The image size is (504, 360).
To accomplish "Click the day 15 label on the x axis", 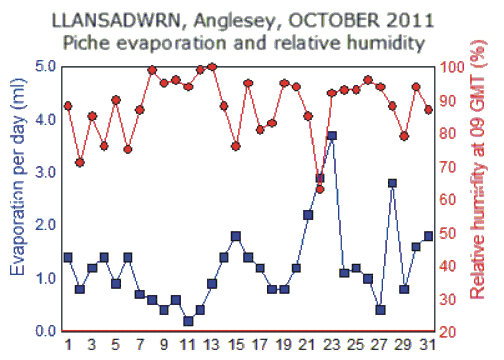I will (x=236, y=345).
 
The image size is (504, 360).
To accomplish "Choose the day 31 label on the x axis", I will (x=428, y=345).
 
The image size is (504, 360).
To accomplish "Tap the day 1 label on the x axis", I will (x=68, y=345).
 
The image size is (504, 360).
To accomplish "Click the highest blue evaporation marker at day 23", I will (x=332, y=135).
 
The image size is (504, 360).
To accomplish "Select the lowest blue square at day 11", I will (x=188, y=321).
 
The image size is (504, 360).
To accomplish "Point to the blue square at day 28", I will (x=392, y=183).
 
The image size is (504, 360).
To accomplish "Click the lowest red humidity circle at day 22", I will (x=320, y=188).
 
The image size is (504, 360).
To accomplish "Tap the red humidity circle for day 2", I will (x=80, y=162).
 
